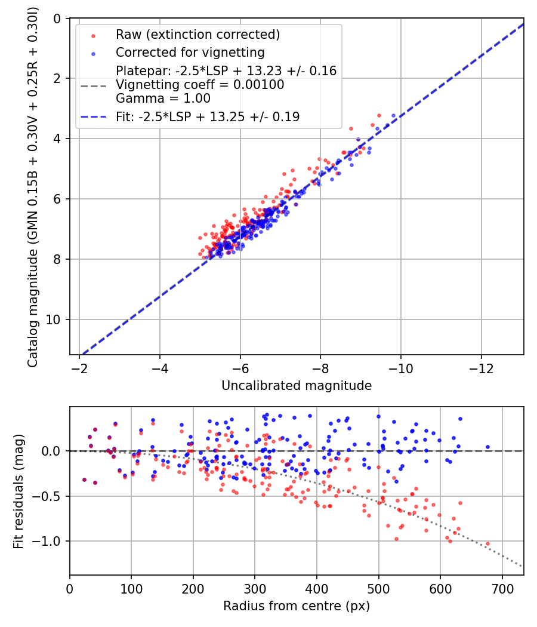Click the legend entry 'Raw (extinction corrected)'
pos(197,34)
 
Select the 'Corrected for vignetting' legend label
pos(190,52)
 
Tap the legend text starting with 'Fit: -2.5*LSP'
pos(208,117)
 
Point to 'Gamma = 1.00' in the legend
pos(163,98)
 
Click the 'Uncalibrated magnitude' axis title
pos(297,386)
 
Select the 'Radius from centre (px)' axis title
pos(297,606)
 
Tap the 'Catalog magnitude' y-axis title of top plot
pos(33,186)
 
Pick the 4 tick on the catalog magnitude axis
pos(58,139)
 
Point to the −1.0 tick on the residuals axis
pos(50,541)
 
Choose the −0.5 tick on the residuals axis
pos(50,496)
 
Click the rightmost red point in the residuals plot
pos(487,544)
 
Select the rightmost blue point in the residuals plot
pos(487,447)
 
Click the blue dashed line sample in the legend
pos(94,117)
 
